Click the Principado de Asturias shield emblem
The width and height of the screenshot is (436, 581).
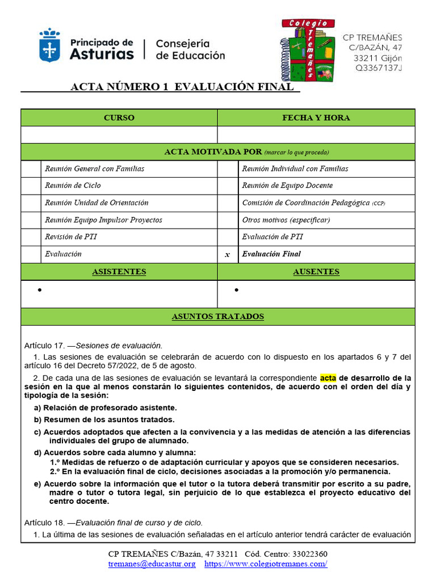(x=49, y=45)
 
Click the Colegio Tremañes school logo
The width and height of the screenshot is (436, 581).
(x=308, y=49)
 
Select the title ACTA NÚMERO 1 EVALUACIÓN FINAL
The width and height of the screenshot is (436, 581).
(x=182, y=87)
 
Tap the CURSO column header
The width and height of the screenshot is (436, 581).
(x=119, y=117)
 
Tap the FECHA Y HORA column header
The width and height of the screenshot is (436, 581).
(x=316, y=117)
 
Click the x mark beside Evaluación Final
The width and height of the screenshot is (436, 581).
(x=228, y=255)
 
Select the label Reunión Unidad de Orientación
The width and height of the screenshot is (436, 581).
(x=97, y=203)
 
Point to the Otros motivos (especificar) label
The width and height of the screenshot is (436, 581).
(x=286, y=220)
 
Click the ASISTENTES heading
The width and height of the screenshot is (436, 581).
(x=119, y=272)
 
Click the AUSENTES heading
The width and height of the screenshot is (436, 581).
(x=316, y=272)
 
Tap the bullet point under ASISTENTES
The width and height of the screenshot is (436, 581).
(x=40, y=290)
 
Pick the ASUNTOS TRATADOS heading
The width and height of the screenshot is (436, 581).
(x=217, y=317)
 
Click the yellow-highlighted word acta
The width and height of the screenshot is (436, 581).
(x=328, y=378)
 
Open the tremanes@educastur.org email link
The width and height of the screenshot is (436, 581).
(x=152, y=564)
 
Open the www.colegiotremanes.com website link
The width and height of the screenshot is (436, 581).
(x=266, y=564)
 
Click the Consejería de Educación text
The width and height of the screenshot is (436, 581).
(x=190, y=49)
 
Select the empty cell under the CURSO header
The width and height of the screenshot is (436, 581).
(x=119, y=134)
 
